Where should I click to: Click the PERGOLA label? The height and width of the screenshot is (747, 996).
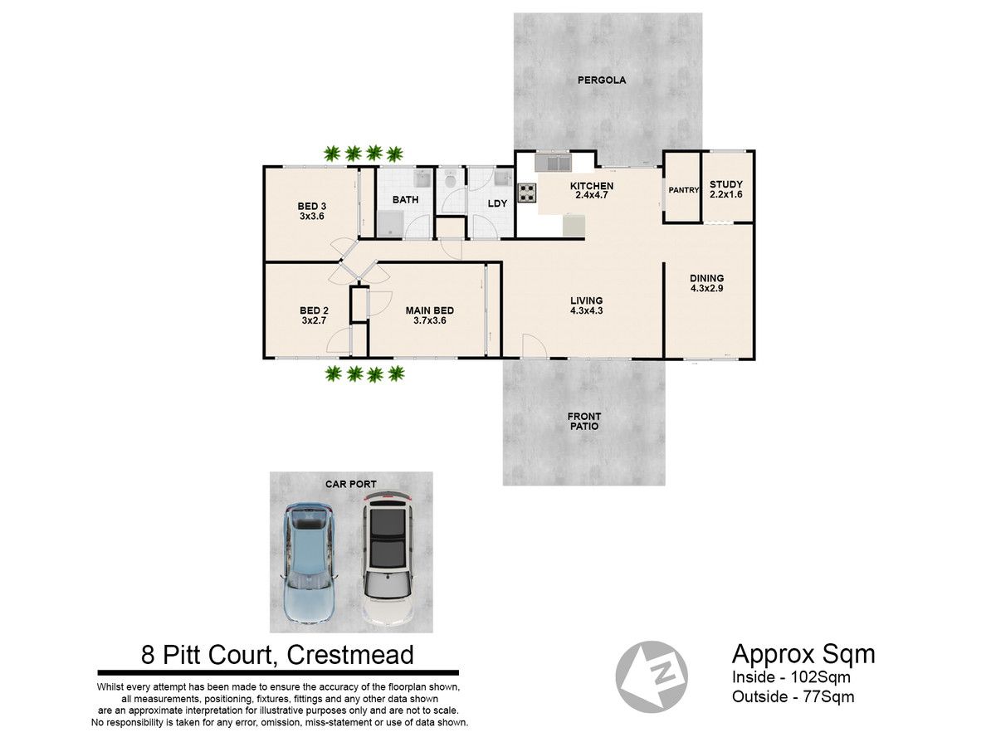601,81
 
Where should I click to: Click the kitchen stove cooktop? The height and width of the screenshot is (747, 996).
526,193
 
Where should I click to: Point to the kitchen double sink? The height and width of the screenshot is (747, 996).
552,162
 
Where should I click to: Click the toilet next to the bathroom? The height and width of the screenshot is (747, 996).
450,180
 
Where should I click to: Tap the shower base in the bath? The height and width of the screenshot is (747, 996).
391,224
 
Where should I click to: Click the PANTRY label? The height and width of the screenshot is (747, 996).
683,191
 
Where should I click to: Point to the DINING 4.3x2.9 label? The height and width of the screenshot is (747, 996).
706,283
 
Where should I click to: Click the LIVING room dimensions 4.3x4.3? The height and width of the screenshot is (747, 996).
586,311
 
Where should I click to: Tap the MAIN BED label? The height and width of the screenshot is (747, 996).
429,310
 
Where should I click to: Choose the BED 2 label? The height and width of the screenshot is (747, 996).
314,310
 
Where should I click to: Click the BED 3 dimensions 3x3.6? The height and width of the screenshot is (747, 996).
312,217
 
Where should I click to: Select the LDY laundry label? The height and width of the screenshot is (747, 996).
497,203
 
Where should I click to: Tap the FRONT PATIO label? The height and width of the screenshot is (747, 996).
584,422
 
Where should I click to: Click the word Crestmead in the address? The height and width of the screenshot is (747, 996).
350,655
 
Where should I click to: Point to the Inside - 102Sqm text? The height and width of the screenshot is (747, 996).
791,677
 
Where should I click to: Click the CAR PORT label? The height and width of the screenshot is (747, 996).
351,485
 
